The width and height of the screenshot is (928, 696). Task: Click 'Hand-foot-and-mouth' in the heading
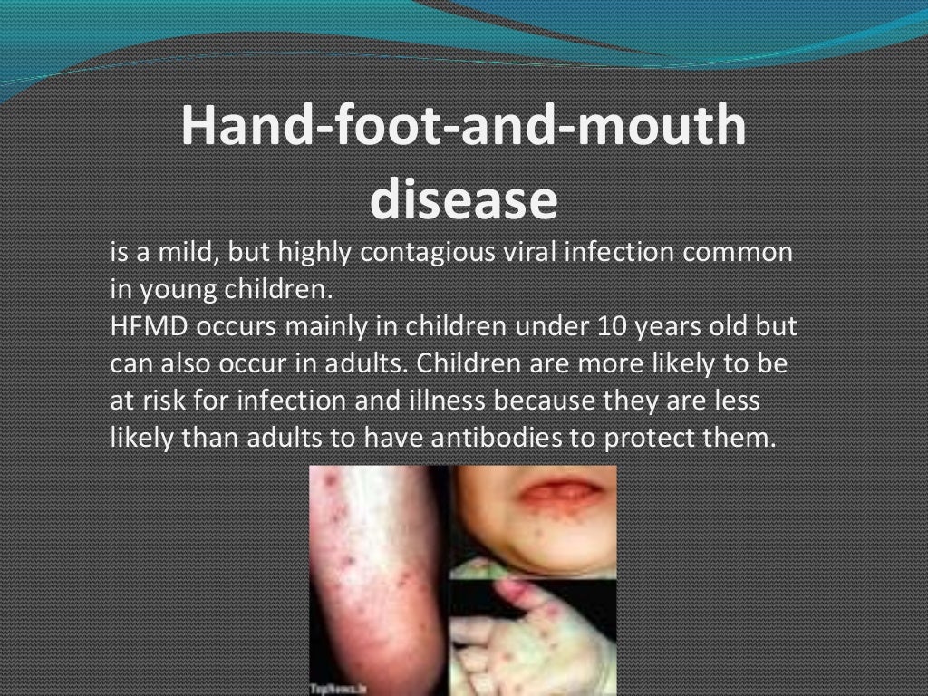click(x=463, y=127)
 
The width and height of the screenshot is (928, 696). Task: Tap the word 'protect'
click(x=647, y=438)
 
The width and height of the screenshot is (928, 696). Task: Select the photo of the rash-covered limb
click(x=378, y=571)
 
